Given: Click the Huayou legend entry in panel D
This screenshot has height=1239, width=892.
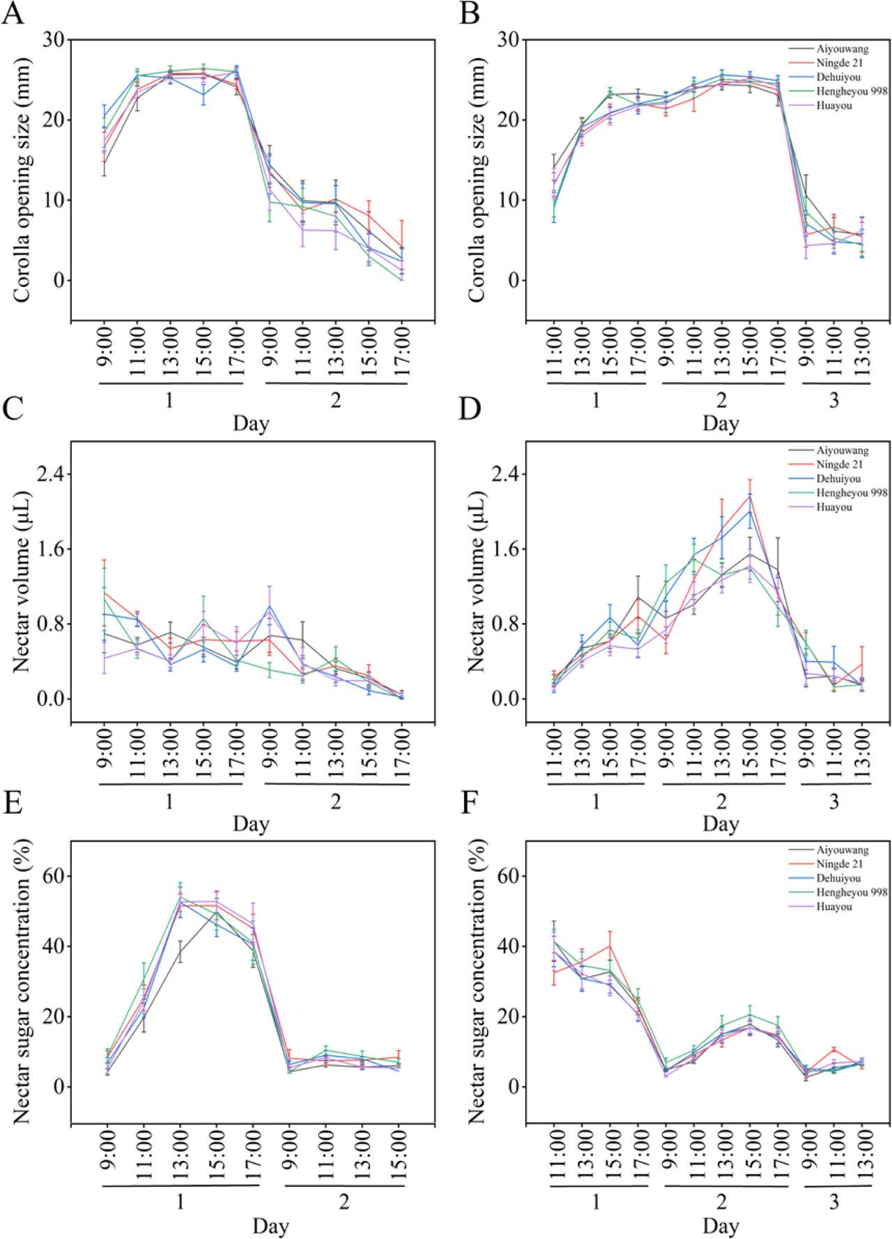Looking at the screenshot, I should point(834,507).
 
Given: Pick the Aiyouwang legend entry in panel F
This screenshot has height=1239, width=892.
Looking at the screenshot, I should point(843,850).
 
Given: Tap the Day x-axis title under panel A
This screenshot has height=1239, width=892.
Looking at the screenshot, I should point(251,423).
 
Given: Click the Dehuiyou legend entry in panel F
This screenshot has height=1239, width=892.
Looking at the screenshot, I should point(839,879).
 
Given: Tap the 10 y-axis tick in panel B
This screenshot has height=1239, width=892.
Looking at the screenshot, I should point(510,200).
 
